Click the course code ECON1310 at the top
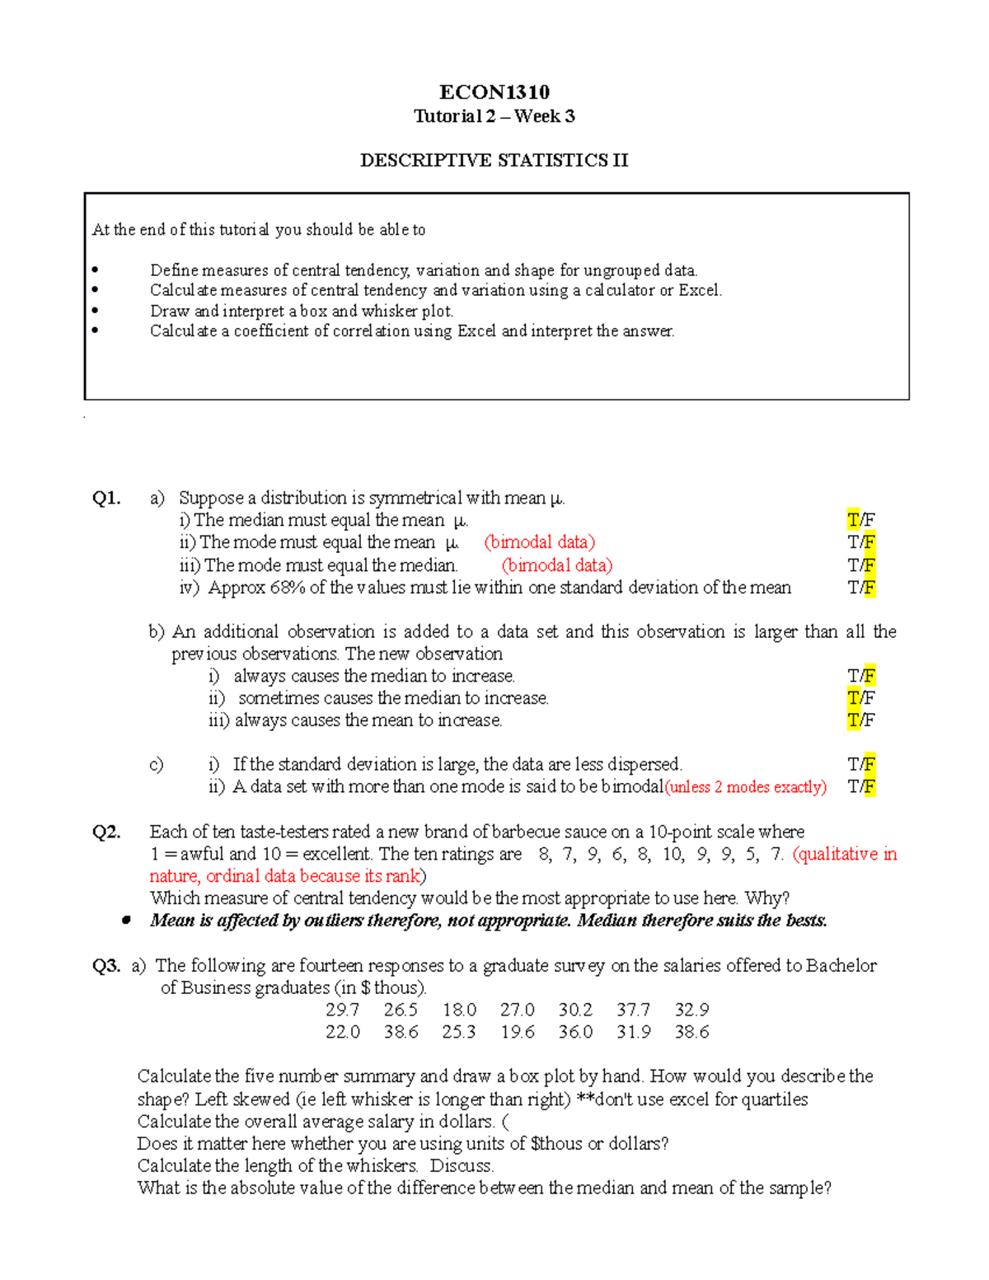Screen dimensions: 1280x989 point(494,91)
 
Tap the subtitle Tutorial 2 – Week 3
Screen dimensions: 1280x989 point(494,116)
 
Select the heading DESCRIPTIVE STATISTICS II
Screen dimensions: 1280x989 point(494,160)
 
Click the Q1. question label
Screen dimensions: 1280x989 point(107,498)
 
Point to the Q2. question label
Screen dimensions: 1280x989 point(107,832)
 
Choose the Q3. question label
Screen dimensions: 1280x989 point(107,965)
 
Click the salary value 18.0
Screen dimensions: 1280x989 point(459,1010)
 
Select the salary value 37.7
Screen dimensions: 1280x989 point(633,1010)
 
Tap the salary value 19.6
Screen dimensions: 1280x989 point(517,1032)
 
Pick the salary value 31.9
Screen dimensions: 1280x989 point(633,1032)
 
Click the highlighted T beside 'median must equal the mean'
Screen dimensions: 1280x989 point(853,520)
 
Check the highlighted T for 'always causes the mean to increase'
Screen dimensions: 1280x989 point(853,720)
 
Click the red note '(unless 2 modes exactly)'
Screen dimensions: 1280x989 point(746,787)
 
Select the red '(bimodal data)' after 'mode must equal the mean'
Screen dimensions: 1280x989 point(540,542)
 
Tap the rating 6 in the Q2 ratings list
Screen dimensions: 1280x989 point(617,854)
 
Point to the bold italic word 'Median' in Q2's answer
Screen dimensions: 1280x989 point(607,921)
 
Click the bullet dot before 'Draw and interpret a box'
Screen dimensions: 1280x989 point(96,311)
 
